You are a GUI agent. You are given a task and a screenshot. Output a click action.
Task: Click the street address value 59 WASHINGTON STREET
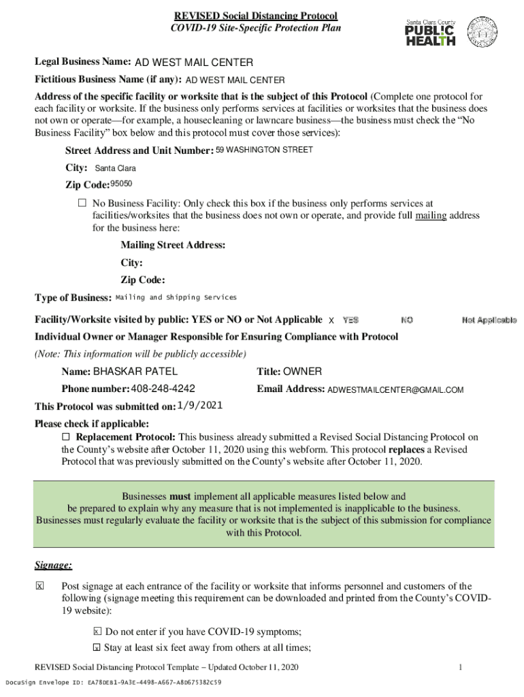(x=264, y=150)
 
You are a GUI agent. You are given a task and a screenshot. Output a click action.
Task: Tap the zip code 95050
(x=116, y=184)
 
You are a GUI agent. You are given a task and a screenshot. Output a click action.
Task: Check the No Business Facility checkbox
(x=82, y=203)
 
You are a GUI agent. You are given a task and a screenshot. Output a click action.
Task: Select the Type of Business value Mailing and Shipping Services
(x=176, y=297)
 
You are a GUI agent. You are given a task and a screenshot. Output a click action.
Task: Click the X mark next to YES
(x=331, y=320)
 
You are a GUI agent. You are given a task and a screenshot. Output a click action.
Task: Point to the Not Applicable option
(x=489, y=320)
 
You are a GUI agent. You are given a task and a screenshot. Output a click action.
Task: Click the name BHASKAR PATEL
(x=135, y=372)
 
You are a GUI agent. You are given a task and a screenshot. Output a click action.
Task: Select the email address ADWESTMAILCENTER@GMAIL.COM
(x=395, y=390)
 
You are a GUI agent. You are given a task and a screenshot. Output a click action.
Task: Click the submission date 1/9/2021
(x=199, y=406)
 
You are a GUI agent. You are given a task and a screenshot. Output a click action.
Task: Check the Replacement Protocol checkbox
(x=66, y=436)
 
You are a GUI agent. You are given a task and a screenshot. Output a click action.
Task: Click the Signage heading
(x=53, y=566)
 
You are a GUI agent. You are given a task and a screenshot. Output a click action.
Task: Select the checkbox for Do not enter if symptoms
(x=97, y=631)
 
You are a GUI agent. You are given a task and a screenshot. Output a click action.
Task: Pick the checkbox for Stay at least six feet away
(x=97, y=647)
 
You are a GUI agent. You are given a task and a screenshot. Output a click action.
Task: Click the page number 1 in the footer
(x=461, y=667)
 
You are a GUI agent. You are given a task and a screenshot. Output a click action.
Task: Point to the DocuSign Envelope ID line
(x=113, y=682)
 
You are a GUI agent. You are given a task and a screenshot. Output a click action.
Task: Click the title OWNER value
(x=302, y=372)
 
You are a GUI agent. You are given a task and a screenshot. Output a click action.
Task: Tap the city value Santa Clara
(x=115, y=168)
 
